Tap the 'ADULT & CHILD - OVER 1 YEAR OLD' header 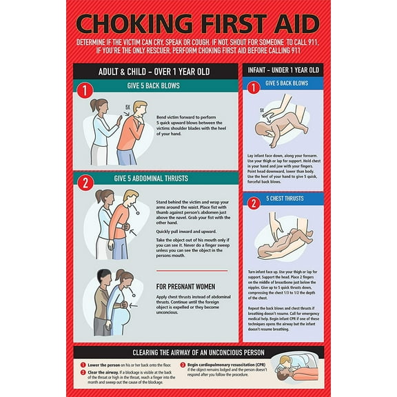click(155, 72)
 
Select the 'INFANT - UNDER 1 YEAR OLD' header click(283, 70)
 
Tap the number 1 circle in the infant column click(253, 88)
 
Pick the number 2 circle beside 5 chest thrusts click(253, 203)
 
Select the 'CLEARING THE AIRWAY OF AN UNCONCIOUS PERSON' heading click(198, 352)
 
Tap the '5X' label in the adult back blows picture click(126, 107)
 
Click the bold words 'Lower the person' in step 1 click(103, 364)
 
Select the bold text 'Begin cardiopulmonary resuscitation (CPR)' click(225, 364)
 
